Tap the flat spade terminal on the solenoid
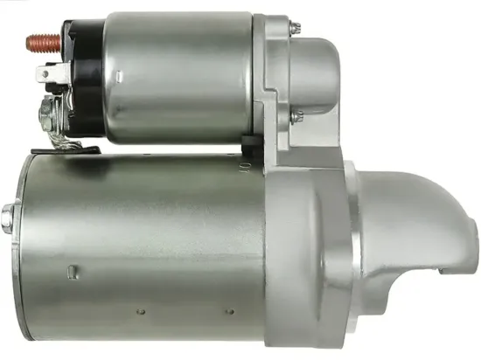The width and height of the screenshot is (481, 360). coord(49,77)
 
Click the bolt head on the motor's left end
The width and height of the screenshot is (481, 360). coord(8,214)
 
